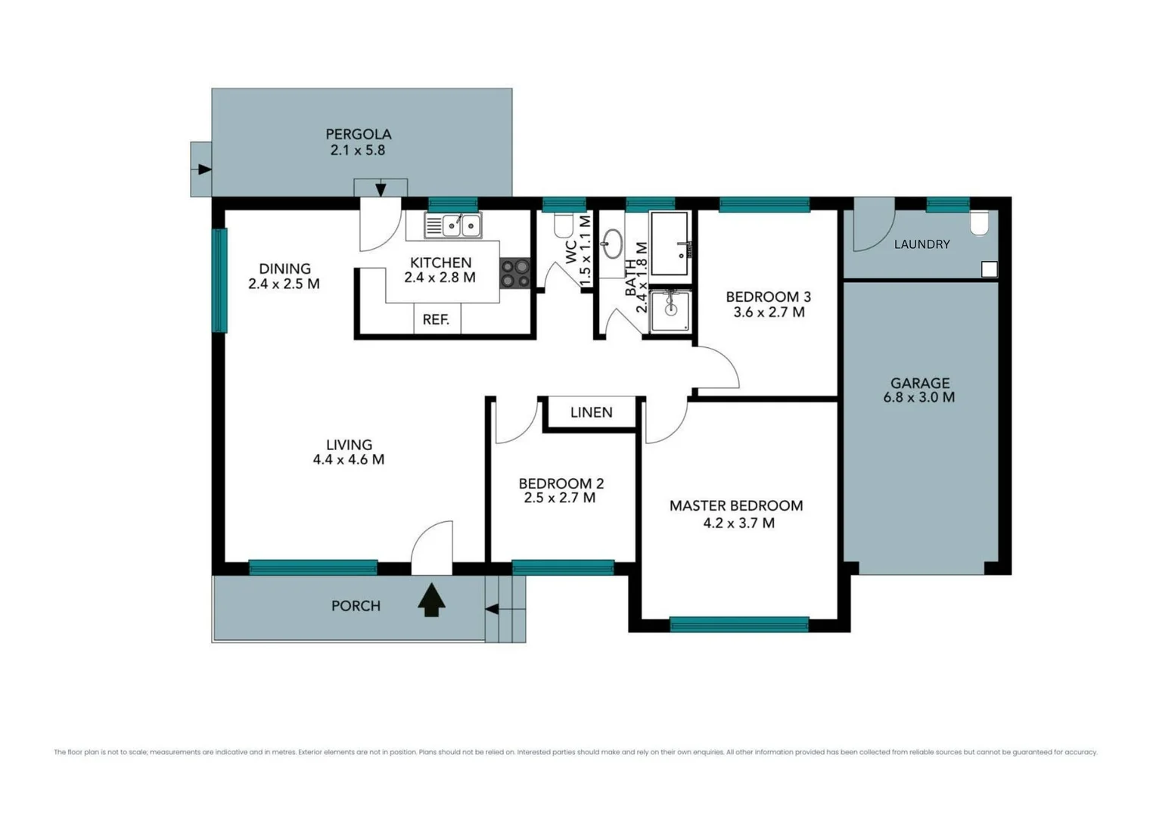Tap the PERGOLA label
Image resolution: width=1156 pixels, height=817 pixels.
tap(359, 134)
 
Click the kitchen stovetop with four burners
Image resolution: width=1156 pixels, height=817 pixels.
tap(515, 274)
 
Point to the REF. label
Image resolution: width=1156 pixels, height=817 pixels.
tap(436, 319)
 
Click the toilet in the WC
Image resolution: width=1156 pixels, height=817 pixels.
tap(563, 225)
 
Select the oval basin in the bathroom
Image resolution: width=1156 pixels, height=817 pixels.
tap(612, 244)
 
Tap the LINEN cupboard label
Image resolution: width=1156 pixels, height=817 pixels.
tap(591, 412)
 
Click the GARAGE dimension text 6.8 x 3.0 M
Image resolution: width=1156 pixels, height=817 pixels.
tap(918, 397)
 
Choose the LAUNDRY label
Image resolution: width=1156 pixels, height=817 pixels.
tap(921, 244)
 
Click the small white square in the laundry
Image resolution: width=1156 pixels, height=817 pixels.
tap(989, 269)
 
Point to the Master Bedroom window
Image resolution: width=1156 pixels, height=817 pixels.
tap(739, 624)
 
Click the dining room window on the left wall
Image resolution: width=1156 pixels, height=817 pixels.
tap(219, 280)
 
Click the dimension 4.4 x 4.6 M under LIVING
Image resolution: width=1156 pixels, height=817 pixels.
tap(349, 459)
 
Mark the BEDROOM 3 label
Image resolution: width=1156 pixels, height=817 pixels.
tap(768, 297)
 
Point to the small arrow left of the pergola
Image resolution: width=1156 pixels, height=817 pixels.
tap(203, 169)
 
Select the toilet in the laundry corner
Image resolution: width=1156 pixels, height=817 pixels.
tap(979, 223)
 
